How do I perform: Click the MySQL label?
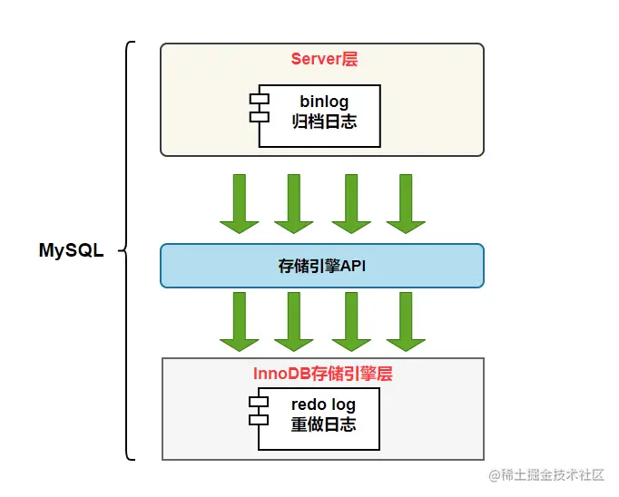(x=72, y=250)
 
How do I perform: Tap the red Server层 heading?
(x=324, y=59)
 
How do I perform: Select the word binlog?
(x=324, y=102)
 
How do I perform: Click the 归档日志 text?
(x=324, y=122)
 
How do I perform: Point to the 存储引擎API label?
(x=321, y=266)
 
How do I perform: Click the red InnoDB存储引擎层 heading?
(x=322, y=374)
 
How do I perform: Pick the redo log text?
(x=323, y=404)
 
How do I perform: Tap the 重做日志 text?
(x=323, y=424)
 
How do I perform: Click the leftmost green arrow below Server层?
(x=240, y=204)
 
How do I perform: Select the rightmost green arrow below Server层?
(x=406, y=204)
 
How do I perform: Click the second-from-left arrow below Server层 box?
(x=294, y=204)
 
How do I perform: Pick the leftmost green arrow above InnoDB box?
(x=240, y=322)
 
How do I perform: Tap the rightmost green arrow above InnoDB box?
(x=406, y=322)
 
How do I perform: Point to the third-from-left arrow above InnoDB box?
(x=351, y=322)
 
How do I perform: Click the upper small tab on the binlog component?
(x=260, y=99)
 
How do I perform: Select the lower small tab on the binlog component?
(x=260, y=117)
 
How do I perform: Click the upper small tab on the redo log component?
(x=259, y=402)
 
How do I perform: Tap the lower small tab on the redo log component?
(x=259, y=420)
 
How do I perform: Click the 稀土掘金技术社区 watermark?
(x=546, y=475)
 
